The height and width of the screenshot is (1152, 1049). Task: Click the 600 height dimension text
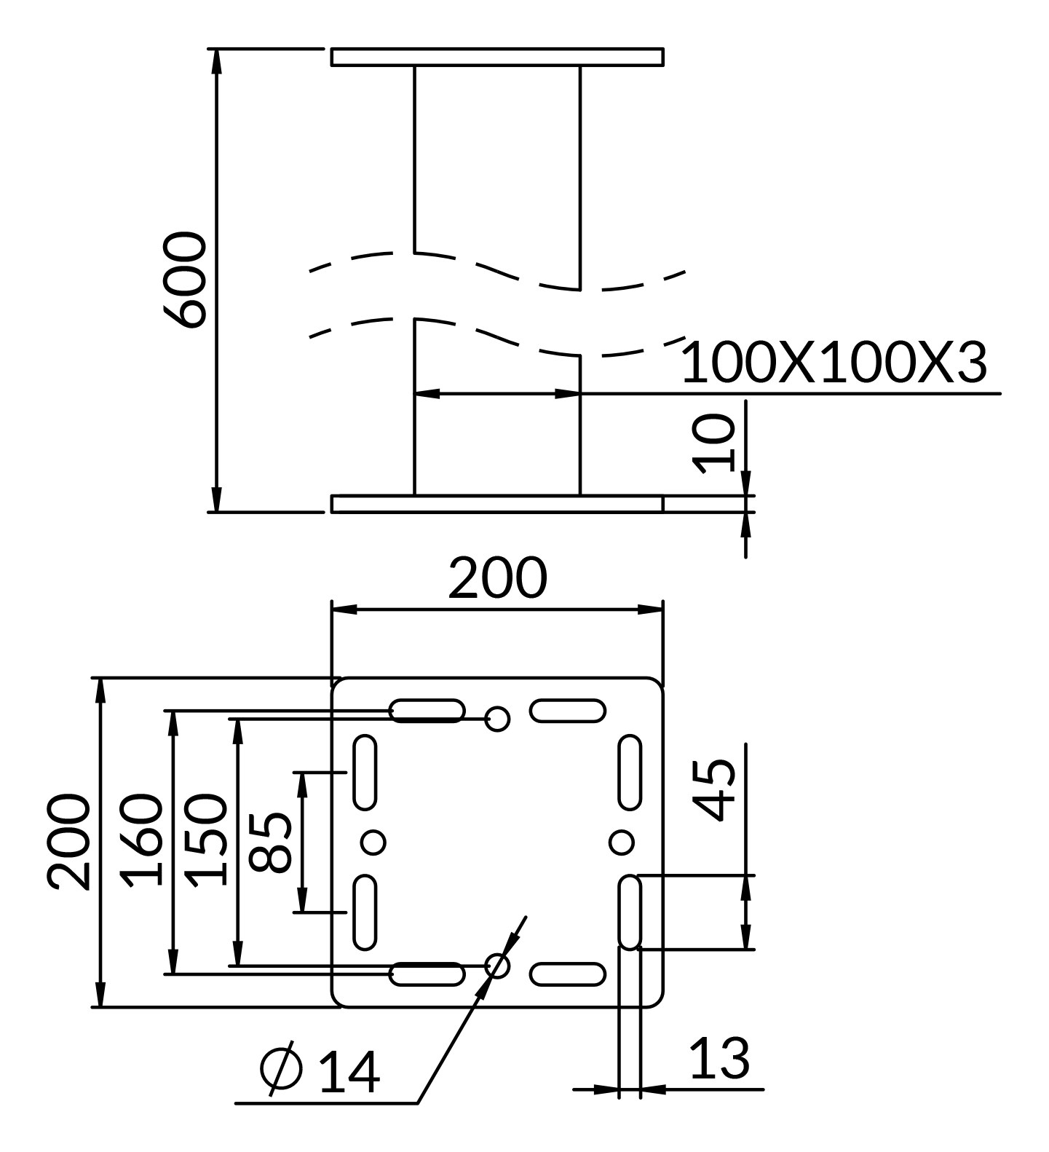point(184,280)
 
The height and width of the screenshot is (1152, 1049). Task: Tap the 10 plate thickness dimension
point(714,443)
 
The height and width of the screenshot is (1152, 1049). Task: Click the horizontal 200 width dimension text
point(497,577)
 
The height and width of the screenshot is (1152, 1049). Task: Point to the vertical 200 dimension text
point(69,842)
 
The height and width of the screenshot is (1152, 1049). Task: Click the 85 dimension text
point(271,842)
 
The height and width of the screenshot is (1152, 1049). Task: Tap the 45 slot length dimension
point(713,791)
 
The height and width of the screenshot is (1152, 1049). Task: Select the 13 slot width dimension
point(719,1058)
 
